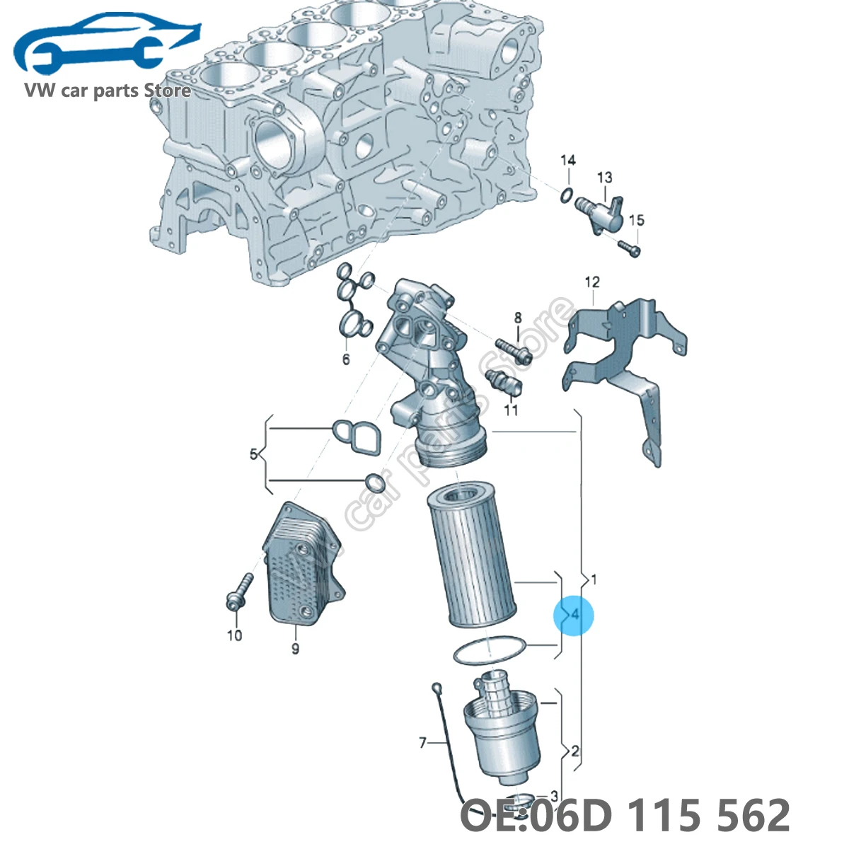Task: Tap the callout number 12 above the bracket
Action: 591,282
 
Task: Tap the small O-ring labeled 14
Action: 566,195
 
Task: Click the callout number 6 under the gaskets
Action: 346,359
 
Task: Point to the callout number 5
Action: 253,454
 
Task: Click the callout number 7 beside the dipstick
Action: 422,742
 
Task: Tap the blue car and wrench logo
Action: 106,50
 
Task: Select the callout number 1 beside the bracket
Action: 593,579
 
